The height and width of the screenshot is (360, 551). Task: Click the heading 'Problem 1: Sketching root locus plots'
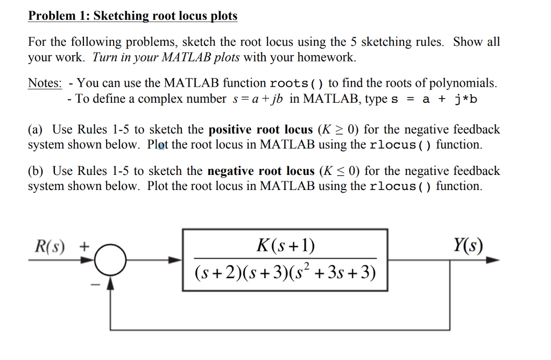(x=132, y=16)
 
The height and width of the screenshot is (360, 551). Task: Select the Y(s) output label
(x=468, y=246)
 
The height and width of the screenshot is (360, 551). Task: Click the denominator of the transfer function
(x=285, y=273)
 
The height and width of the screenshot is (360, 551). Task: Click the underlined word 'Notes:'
(x=45, y=83)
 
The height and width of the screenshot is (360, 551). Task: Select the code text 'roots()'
(x=296, y=84)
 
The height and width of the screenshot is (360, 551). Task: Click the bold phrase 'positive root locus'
(x=260, y=130)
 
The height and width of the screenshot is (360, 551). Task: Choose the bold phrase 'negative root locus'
(x=261, y=171)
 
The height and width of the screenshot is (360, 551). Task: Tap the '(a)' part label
(x=36, y=130)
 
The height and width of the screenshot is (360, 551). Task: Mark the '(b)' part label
(x=36, y=171)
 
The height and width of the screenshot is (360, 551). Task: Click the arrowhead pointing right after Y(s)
(x=493, y=260)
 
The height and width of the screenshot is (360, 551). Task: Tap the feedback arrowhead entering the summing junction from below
(x=110, y=282)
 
